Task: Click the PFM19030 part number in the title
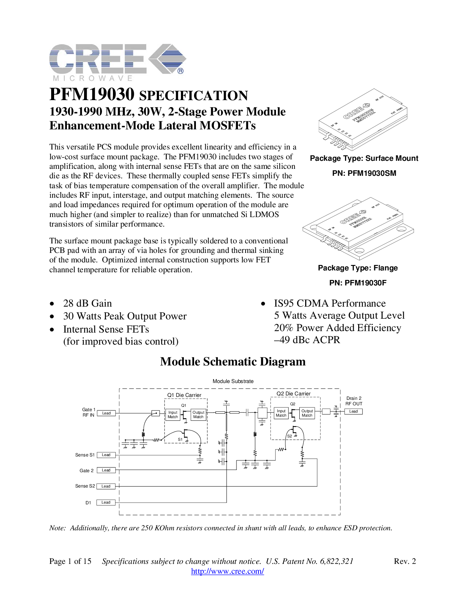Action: (92, 94)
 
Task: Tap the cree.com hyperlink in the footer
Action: (228, 571)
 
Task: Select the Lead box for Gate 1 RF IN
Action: (106, 413)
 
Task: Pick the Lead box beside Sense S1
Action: (106, 455)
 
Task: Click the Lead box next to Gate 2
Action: (106, 470)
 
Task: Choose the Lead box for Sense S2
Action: (106, 486)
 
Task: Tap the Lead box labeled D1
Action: (106, 502)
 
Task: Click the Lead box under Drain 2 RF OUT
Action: (353, 411)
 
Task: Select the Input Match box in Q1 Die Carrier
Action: (173, 414)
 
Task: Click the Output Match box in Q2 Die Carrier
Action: (307, 413)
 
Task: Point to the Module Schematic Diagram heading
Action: (233, 361)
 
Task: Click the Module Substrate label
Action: (233, 381)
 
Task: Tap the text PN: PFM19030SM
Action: (364, 173)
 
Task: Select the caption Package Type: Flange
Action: (358, 268)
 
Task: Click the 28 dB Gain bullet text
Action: (87, 303)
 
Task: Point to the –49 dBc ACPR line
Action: (307, 340)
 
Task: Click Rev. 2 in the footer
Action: (405, 561)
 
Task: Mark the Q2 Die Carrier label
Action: (293, 394)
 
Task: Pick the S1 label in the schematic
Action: (180, 439)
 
